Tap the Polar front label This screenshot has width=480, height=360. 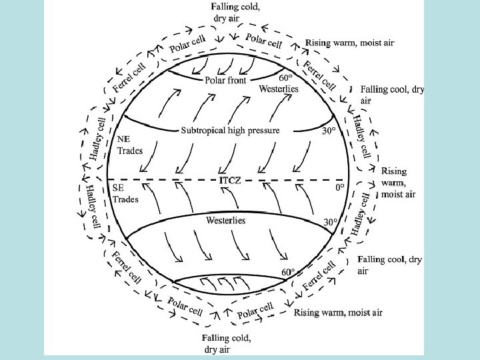point(225,81)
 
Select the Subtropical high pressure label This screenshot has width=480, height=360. point(231,130)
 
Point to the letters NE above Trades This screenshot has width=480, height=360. point(124,140)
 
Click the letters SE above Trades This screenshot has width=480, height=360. point(119,188)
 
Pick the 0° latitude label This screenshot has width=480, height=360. point(339,187)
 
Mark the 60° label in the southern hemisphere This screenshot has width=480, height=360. point(287,272)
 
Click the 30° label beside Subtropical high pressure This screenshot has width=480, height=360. point(329,131)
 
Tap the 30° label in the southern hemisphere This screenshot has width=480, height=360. point(331,221)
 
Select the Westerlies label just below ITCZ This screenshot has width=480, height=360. point(226,219)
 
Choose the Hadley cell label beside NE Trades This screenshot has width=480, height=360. point(97,139)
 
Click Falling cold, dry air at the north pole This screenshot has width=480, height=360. point(236,12)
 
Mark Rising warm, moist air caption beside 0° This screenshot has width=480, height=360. point(399,183)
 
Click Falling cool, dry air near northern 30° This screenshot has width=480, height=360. point(391,94)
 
